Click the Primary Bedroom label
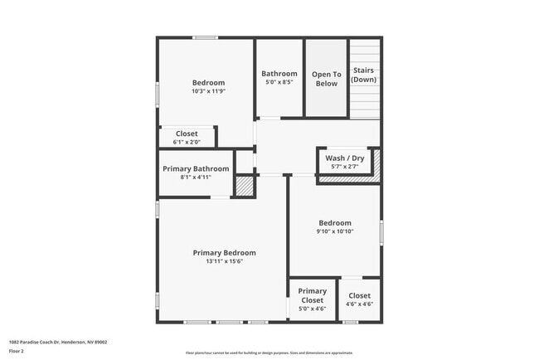[x=224, y=253]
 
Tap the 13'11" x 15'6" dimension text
[x=224, y=261]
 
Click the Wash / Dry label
[x=344, y=158]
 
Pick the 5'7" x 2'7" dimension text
[x=344, y=167]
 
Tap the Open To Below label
[x=326, y=79]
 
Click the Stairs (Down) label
[x=363, y=75]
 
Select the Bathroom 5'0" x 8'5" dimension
[x=279, y=82]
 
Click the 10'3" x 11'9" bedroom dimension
[x=208, y=91]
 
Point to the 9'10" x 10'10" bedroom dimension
[x=335, y=231]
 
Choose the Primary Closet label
[x=312, y=296]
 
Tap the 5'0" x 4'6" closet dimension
[x=312, y=309]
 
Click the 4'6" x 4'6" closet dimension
[x=359, y=304]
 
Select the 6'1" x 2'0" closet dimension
[x=186, y=142]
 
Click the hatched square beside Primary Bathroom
[x=244, y=186]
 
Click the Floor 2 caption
[x=17, y=351]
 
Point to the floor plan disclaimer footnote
[x=269, y=353]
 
